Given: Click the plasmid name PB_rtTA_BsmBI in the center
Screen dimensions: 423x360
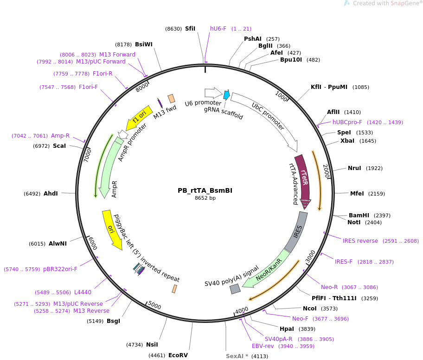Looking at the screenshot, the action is tap(205, 190).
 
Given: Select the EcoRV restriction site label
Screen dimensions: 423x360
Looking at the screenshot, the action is tap(178, 355).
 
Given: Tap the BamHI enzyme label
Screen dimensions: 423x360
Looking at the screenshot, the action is tap(359, 215).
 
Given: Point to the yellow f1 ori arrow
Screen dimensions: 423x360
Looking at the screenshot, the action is tap(139, 118).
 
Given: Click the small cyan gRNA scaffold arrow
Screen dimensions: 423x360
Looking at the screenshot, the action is tap(226, 95).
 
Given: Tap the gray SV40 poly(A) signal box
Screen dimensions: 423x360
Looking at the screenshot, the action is tap(235, 289).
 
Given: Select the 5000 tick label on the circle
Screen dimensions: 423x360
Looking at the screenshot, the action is tap(154, 306).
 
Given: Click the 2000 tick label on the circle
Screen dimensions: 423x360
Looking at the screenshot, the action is tap(326, 171).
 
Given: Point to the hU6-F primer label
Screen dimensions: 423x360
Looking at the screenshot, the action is tap(218, 29).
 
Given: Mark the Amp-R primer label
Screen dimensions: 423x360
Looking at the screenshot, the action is tap(60, 136).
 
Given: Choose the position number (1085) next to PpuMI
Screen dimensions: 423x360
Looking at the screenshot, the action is tap(361, 87).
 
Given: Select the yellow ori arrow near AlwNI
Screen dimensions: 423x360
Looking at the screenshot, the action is tap(112, 229).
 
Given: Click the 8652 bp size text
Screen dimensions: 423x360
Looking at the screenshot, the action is tap(205, 198).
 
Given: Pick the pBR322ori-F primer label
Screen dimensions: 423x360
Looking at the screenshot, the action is tap(60, 269).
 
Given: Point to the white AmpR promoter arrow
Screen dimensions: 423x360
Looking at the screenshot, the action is tap(123, 134).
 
